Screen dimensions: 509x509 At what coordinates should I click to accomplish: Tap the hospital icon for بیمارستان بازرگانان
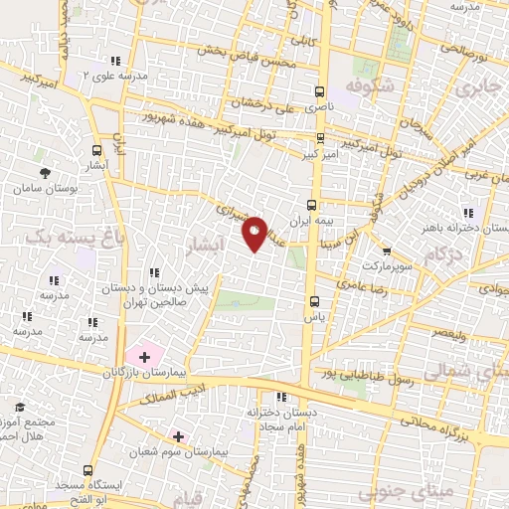click(144, 355)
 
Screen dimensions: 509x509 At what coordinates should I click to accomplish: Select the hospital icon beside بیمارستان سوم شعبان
click(179, 435)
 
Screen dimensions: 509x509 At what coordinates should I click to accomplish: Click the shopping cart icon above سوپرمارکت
click(387, 252)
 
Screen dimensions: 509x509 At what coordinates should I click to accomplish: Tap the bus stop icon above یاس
click(315, 299)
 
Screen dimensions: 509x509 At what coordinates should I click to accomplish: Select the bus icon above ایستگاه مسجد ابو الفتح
click(90, 469)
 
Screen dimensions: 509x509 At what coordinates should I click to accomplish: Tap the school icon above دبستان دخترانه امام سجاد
click(282, 397)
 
